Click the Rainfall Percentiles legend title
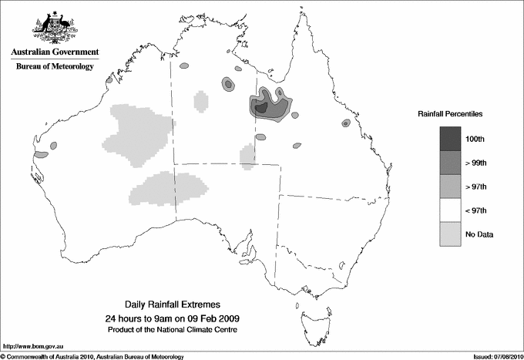coord(450,113)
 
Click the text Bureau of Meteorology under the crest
coord(55,67)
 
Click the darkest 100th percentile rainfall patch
coord(262,109)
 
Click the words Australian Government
coord(55,52)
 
